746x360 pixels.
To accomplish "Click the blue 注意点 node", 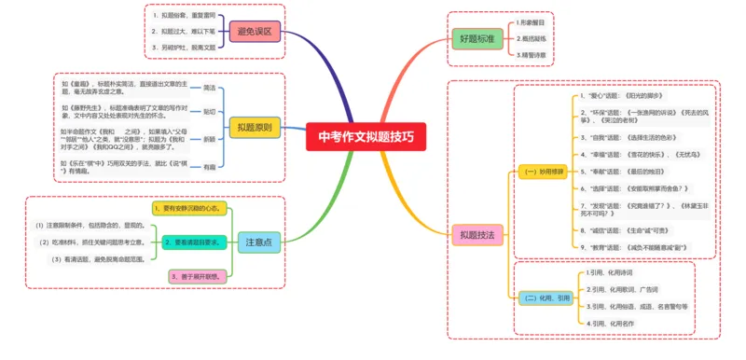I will coord(260,242).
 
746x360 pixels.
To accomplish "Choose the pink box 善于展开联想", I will coord(198,277).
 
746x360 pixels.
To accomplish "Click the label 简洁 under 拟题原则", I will coord(210,88).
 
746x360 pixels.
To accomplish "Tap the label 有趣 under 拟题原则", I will coord(210,166).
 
